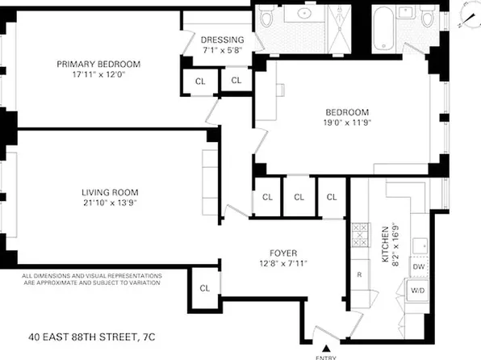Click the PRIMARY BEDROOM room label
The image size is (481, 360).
pyautogui.click(x=98, y=65)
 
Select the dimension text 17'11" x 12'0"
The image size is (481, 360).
pyautogui.click(x=98, y=75)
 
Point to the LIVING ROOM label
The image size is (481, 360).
pyautogui.click(x=110, y=192)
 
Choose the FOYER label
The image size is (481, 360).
pyautogui.click(x=281, y=252)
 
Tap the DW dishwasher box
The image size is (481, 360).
pyautogui.click(x=418, y=266)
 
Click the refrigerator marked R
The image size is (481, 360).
pyautogui.click(x=359, y=274)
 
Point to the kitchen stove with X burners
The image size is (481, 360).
pyautogui.click(x=359, y=238)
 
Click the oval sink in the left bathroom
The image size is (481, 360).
pyautogui.click(x=307, y=14)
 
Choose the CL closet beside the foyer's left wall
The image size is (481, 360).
pyautogui.click(x=204, y=288)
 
